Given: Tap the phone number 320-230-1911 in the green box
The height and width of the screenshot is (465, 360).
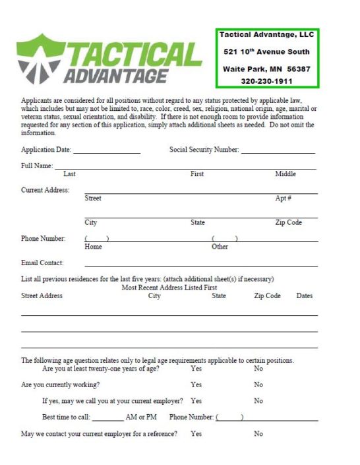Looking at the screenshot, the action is (266, 81).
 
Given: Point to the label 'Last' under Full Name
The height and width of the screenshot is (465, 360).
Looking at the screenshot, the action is (69, 174).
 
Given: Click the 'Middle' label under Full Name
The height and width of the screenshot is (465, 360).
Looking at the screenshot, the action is (285, 174).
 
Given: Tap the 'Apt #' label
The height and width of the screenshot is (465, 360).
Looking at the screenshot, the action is (284, 199).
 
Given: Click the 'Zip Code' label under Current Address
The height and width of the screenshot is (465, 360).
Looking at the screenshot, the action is (288, 223).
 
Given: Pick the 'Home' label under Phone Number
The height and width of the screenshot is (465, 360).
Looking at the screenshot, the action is (94, 247).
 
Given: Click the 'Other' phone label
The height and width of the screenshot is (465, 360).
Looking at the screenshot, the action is (220, 247).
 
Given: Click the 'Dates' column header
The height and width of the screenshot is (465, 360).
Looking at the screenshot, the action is (304, 296).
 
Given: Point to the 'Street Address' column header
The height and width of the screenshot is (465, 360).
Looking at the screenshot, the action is (42, 296).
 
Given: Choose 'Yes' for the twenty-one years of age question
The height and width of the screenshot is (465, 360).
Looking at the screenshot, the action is (196, 369).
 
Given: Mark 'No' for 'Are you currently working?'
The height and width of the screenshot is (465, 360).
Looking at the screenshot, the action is (258, 385).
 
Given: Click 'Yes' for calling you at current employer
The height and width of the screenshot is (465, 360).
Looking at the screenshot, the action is (196, 400).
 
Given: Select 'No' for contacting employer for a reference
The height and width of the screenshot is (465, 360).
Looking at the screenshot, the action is (258, 434).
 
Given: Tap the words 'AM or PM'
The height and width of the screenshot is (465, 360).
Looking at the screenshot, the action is (141, 418).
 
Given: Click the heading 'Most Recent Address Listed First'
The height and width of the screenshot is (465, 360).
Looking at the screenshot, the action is (169, 288).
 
